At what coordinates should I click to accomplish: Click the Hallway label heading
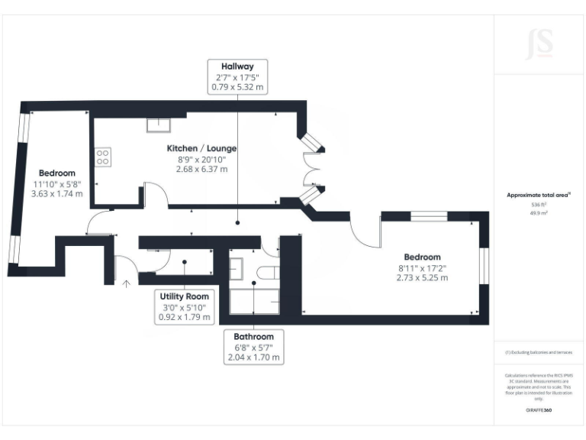238,66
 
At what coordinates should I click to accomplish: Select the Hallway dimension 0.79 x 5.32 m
238,87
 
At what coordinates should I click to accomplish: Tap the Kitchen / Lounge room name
201,147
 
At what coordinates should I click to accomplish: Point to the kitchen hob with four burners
101,157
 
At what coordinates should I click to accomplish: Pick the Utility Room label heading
184,296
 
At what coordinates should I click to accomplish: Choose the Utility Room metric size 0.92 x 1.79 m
184,316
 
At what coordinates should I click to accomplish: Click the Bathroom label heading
253,336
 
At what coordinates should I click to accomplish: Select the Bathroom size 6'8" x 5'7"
253,347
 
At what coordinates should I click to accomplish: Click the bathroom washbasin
236,268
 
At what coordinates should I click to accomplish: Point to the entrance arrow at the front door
127,284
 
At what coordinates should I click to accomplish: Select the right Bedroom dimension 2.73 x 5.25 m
422,278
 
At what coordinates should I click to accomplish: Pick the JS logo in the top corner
539,44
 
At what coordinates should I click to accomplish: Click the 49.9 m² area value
539,213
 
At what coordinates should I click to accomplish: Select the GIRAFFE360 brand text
539,410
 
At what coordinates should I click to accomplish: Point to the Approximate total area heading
538,196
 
